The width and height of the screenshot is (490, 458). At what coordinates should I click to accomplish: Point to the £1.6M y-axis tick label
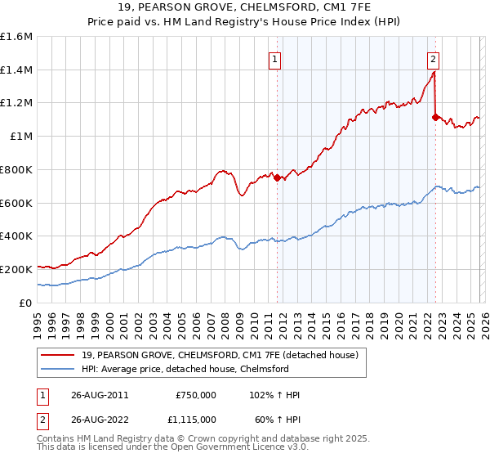[17, 37]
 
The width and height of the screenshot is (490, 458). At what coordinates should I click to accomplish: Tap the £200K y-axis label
[17, 269]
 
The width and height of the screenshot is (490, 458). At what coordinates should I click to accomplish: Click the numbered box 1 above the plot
[275, 59]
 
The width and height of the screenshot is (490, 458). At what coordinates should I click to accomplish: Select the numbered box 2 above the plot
[433, 59]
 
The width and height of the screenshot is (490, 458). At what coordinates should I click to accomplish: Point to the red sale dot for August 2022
[434, 117]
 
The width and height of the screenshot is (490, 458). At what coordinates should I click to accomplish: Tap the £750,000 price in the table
[195, 395]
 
